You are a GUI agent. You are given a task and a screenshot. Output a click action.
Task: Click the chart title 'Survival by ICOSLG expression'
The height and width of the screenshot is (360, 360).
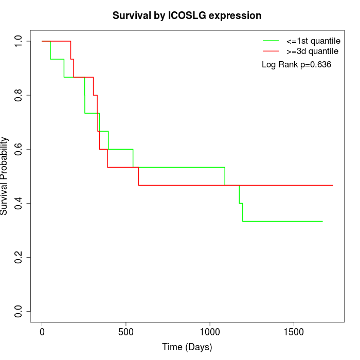(x=187, y=16)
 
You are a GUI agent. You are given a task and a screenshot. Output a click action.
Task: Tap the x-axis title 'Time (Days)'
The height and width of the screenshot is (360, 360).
(x=187, y=347)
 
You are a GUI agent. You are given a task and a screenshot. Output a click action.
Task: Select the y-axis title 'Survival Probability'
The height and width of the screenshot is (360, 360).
(x=5, y=176)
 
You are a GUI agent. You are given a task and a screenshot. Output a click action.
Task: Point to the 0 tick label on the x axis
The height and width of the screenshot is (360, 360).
(x=42, y=332)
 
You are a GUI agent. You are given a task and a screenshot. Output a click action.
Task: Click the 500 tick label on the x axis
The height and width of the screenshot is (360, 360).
(x=126, y=332)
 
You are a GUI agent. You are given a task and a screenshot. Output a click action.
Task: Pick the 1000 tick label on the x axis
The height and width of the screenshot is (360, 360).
(x=210, y=332)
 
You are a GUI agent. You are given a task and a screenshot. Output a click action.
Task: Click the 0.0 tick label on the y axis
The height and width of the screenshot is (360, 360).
(x=19, y=311)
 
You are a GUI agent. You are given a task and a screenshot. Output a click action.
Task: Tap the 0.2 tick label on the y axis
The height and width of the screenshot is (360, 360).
(x=19, y=257)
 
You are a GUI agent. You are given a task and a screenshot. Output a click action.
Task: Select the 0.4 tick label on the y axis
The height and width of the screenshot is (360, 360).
(x=19, y=203)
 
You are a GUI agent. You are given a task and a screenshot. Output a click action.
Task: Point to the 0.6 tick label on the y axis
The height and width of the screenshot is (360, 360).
(x=19, y=149)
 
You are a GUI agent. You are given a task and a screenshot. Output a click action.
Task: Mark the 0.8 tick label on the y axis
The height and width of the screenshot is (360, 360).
(x=19, y=95)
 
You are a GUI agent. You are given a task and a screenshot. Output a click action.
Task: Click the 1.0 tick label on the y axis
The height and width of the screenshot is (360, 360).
(x=19, y=41)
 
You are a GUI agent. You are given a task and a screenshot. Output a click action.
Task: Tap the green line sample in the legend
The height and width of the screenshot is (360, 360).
(x=271, y=40)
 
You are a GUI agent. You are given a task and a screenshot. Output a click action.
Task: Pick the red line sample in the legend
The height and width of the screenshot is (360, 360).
(x=271, y=51)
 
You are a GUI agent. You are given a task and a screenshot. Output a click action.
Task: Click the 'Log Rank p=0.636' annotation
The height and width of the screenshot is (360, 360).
(x=296, y=65)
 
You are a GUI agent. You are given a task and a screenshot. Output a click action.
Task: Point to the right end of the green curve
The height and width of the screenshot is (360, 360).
(x=322, y=221)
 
